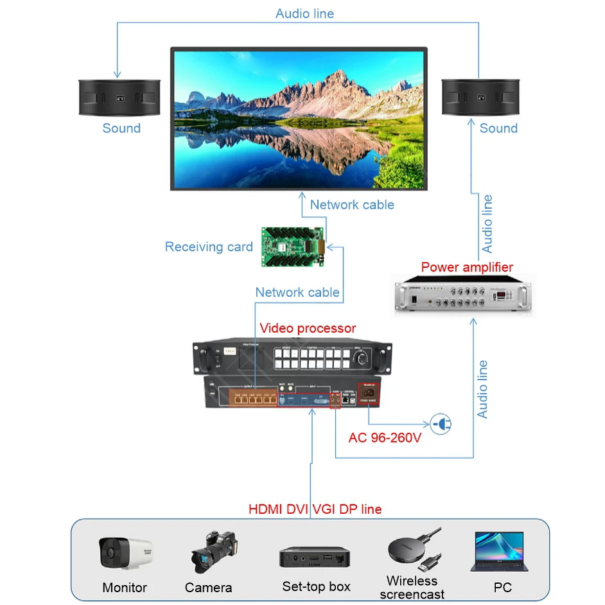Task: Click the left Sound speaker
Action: pyautogui.click(x=119, y=98)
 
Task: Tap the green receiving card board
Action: pyautogui.click(x=293, y=246)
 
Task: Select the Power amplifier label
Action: pyautogui.click(x=467, y=267)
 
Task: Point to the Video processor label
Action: pyautogui.click(x=308, y=328)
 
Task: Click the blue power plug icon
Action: pyautogui.click(x=441, y=424)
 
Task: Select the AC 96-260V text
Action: pyautogui.click(x=385, y=438)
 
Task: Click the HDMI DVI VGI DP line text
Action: pyautogui.click(x=315, y=509)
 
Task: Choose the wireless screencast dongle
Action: pyautogui.click(x=414, y=550)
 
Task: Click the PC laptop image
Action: pyautogui.click(x=498, y=551)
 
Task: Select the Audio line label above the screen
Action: pyautogui.click(x=304, y=13)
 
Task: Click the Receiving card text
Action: pyautogui.click(x=209, y=247)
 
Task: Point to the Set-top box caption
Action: pyautogui.click(x=316, y=586)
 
